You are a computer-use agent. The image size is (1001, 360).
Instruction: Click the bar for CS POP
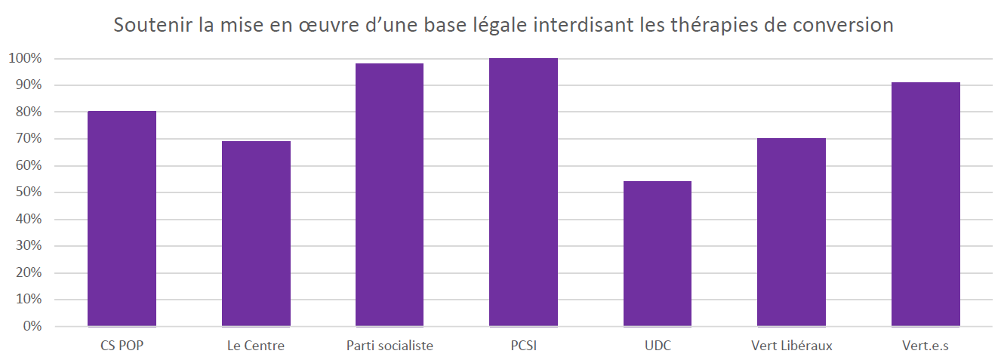(x=122, y=219)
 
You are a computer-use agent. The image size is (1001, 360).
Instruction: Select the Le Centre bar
(x=256, y=234)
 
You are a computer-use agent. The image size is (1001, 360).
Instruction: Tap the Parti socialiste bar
(x=390, y=195)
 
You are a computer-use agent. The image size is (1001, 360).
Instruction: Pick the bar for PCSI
(x=523, y=192)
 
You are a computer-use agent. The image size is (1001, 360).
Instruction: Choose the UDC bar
(x=658, y=254)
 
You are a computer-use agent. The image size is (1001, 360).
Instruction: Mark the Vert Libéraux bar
(x=791, y=232)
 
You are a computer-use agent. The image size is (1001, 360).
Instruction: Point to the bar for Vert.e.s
(x=926, y=205)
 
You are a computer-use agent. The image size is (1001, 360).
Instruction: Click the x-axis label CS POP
(x=122, y=346)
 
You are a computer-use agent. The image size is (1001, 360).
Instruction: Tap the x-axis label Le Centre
(x=256, y=346)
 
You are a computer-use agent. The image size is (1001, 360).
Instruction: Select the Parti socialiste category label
(x=390, y=346)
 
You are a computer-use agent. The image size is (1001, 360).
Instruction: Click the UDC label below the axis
(x=658, y=346)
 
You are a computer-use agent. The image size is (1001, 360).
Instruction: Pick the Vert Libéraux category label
(x=791, y=346)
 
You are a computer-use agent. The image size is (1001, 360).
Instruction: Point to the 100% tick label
(x=26, y=58)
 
